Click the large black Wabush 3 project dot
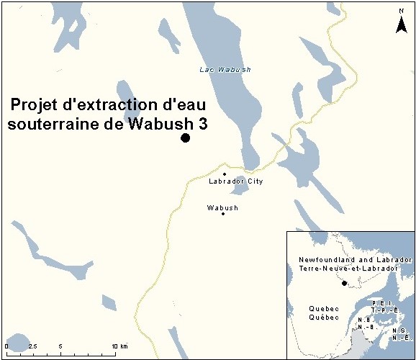(x=185, y=138)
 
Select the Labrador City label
(x=235, y=181)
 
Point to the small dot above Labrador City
(x=225, y=174)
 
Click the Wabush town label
(x=222, y=207)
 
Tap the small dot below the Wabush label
(x=223, y=214)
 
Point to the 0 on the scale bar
(x=6, y=346)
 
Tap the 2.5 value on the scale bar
(x=32, y=346)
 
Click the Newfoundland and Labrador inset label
(x=355, y=258)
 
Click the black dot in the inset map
(x=344, y=283)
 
